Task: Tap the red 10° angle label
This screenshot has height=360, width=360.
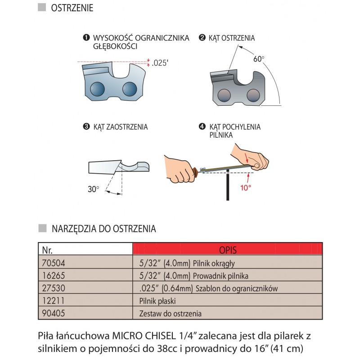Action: coord(245,188)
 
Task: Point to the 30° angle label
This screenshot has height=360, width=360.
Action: coord(93,189)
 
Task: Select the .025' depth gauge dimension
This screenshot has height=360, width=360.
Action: coord(160,63)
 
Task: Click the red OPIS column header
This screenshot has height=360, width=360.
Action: coord(228,249)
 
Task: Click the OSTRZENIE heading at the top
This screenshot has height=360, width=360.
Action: coord(72,8)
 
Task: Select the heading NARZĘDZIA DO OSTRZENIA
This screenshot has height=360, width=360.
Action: coord(103,229)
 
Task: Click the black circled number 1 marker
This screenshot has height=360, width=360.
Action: coord(85,38)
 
